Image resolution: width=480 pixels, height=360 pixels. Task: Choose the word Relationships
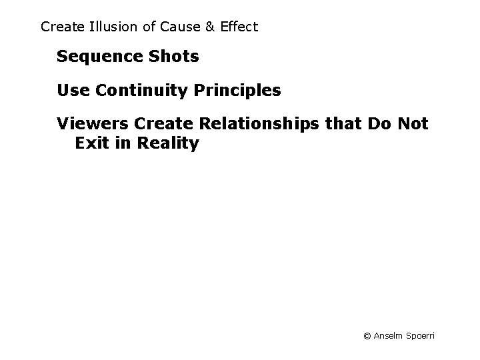[251, 125]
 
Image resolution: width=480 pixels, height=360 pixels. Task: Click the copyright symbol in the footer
[367, 336]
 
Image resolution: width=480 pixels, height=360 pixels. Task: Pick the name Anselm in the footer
[389, 336]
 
